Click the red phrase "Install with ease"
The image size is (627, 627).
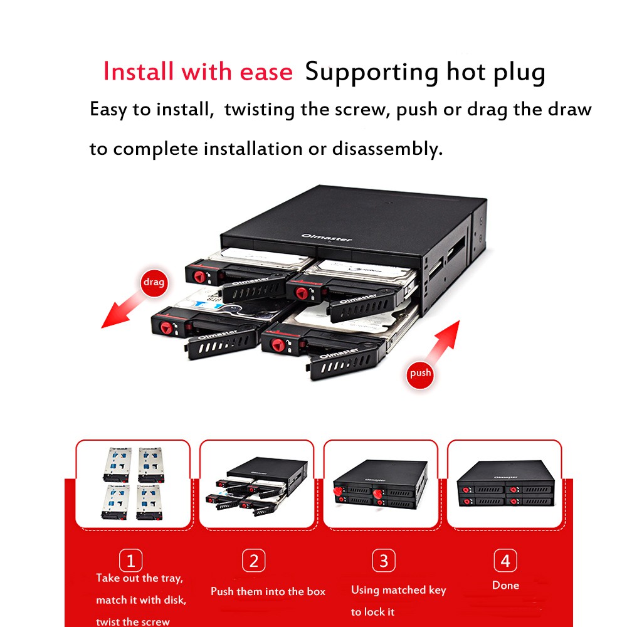coord(198,72)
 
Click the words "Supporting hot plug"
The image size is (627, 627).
coord(424,72)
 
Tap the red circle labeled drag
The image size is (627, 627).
coord(154,282)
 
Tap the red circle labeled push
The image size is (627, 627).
coord(420,373)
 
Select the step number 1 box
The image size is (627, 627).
coord(130,560)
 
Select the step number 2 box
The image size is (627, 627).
coord(253,560)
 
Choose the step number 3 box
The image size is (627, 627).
coord(383,560)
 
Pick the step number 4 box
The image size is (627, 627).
coord(505,560)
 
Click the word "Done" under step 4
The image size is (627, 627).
coord(505,586)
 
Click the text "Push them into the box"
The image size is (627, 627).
coord(268,591)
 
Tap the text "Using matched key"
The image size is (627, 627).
coord(398,590)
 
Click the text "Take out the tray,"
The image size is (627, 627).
coord(139,578)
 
